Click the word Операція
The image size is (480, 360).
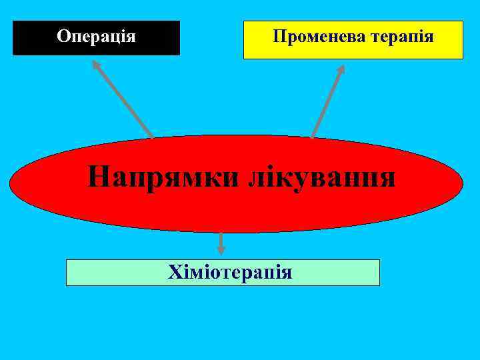click(96, 36)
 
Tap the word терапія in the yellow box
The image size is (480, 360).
click(402, 37)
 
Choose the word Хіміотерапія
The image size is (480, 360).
click(230, 272)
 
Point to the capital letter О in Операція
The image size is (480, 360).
click(63, 36)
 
